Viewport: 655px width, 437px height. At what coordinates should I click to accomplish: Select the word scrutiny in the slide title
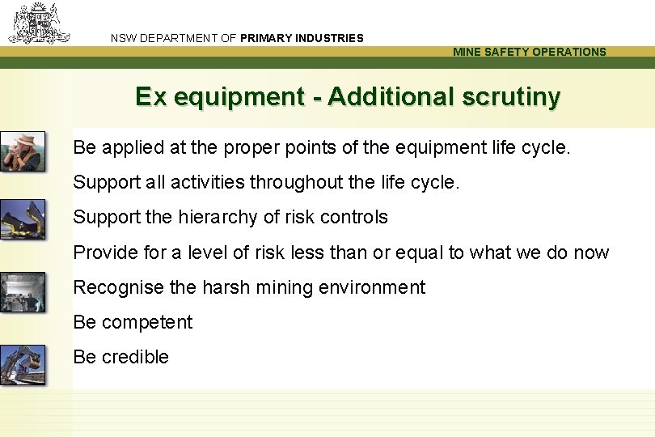coord(511,97)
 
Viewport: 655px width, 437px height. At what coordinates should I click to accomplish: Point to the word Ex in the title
coord(150,97)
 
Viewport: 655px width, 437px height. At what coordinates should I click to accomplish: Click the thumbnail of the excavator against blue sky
coord(22,365)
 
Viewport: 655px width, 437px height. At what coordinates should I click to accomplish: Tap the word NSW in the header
coord(124,38)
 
